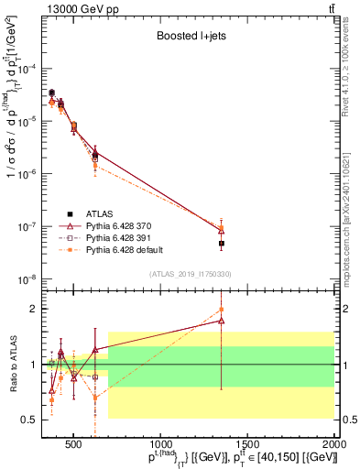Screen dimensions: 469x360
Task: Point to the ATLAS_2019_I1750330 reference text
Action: pyautogui.click(x=191, y=274)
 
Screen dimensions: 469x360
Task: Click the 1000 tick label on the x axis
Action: pyautogui.click(x=160, y=441)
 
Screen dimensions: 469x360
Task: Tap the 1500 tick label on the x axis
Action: pyautogui.click(x=247, y=441)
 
